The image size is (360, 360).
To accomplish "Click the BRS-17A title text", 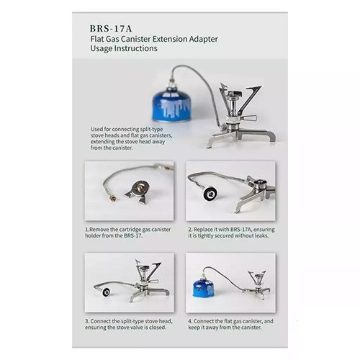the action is point(111,29).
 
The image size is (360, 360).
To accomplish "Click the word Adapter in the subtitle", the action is point(203,39).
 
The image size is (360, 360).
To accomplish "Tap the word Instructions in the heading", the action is point(135,48).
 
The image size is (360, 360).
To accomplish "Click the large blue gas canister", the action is point(171,104).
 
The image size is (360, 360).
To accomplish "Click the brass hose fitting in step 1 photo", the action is point(112,199).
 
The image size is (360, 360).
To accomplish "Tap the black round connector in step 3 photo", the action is point(106,292).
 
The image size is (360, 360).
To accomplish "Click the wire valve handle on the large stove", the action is point(249,118).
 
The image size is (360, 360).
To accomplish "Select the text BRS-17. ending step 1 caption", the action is point(133,235).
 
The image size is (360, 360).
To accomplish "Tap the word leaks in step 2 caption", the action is point(261,235).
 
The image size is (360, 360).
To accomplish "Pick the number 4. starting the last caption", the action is point(190,321).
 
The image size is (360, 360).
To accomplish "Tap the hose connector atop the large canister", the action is point(172,83).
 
